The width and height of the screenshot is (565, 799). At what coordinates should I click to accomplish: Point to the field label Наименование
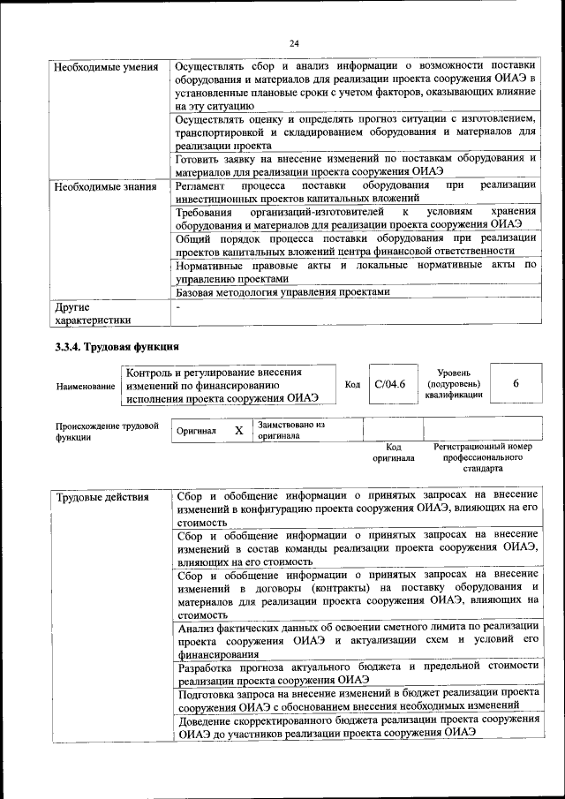[85, 387]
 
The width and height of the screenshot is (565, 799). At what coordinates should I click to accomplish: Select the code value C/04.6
[389, 384]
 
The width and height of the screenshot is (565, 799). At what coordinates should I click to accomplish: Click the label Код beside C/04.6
[352, 385]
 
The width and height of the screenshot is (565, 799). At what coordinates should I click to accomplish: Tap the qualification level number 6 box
[516, 384]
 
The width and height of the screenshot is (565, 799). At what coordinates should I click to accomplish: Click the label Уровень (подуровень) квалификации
[453, 384]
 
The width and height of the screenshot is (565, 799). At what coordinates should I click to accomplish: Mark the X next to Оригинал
[238, 431]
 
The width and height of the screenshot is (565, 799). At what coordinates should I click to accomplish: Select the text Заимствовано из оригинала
[291, 431]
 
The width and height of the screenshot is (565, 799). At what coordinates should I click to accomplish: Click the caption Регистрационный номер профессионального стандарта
[483, 458]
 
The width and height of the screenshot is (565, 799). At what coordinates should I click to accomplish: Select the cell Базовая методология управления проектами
[282, 292]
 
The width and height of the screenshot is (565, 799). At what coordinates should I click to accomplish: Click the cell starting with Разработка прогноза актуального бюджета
[358, 673]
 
